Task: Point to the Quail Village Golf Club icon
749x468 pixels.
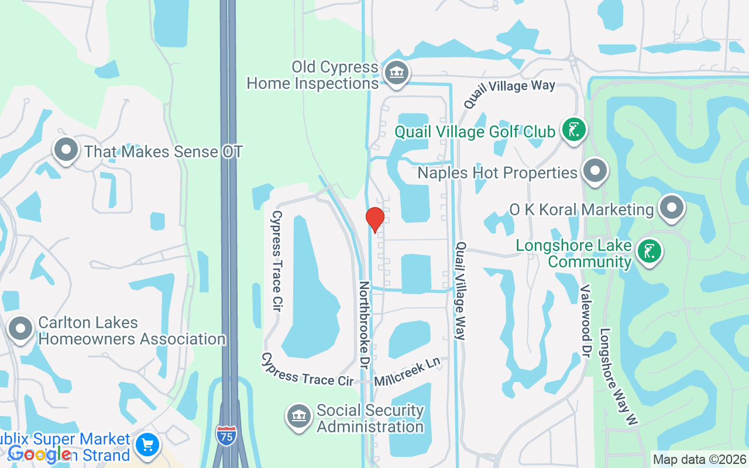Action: coord(573,130)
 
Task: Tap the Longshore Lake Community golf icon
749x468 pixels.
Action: coord(650,252)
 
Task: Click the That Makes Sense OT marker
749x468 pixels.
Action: coord(66,150)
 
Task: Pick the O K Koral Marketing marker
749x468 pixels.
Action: coord(671,208)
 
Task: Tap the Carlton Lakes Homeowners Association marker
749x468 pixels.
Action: coord(21,329)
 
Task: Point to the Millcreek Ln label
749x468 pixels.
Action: coord(407,371)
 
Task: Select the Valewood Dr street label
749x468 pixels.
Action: coord(585,321)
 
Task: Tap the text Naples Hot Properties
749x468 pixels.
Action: coord(497,173)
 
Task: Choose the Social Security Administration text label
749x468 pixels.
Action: coord(370,418)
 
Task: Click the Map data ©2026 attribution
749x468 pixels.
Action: coord(700,460)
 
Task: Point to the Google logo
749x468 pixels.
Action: coord(40,453)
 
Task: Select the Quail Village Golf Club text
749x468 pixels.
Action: coord(475,132)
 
